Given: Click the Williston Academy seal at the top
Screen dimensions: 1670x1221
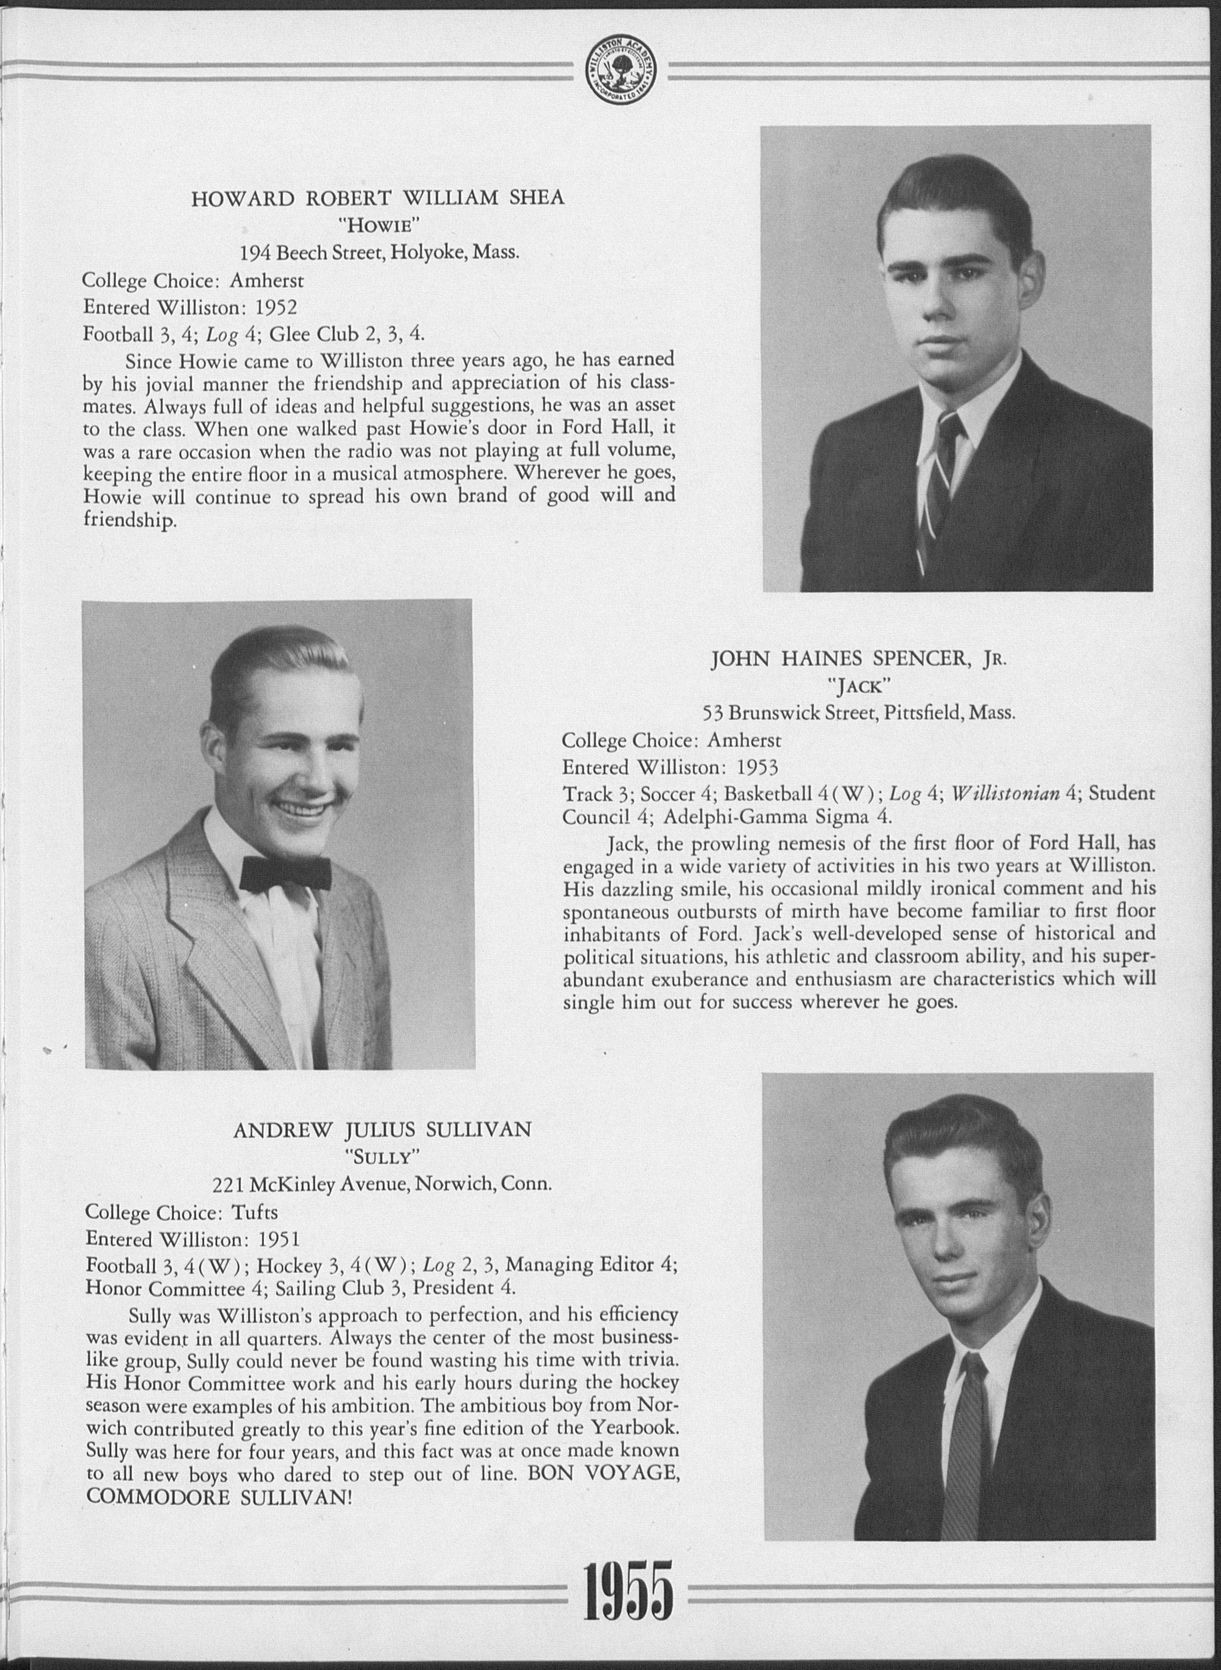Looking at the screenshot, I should pos(621,73).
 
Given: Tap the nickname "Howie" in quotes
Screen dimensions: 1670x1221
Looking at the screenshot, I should pos(379,226).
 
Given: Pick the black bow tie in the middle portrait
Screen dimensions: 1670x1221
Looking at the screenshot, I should pos(285,872).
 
